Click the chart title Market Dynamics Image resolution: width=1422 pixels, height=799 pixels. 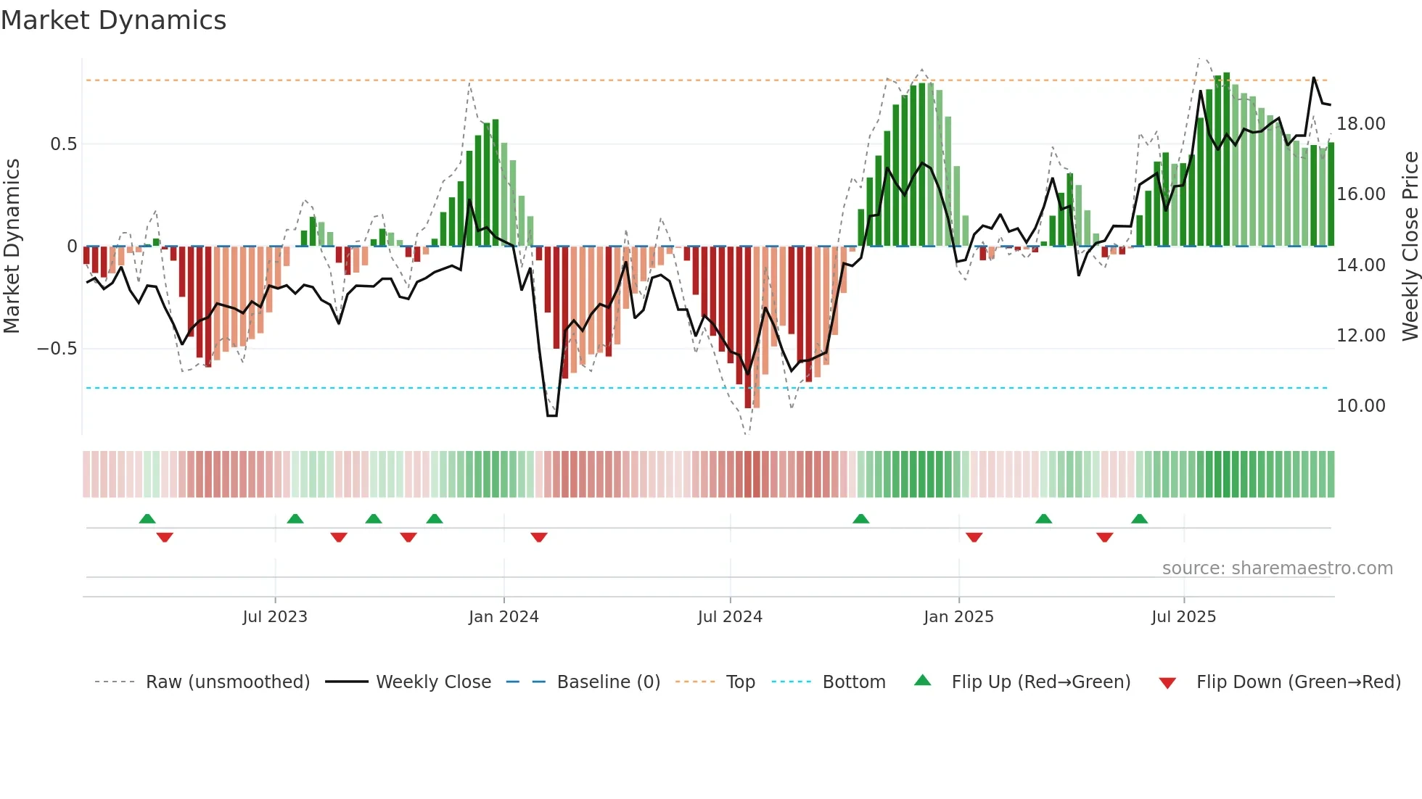tap(113, 20)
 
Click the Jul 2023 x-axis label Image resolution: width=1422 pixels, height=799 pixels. tap(275, 617)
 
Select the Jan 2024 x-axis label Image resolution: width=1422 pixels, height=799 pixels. tap(504, 617)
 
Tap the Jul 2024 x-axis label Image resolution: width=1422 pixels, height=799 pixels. tap(730, 617)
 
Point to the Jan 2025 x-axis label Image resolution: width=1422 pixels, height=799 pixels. tap(958, 617)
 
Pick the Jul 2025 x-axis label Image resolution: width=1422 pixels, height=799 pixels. tap(1183, 617)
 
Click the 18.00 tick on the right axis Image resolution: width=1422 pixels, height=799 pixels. tap(1361, 124)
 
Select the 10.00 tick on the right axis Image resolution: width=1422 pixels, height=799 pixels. tap(1361, 406)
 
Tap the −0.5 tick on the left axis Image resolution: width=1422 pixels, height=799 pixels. tap(57, 349)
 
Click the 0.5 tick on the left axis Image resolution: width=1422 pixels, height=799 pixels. tap(63, 144)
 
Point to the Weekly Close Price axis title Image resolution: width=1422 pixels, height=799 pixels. tap(1410, 247)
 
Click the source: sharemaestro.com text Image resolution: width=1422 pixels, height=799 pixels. tap(1277, 568)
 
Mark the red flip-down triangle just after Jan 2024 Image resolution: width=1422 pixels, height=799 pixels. tap(538, 537)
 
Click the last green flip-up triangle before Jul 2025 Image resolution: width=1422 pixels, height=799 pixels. tap(1139, 518)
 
